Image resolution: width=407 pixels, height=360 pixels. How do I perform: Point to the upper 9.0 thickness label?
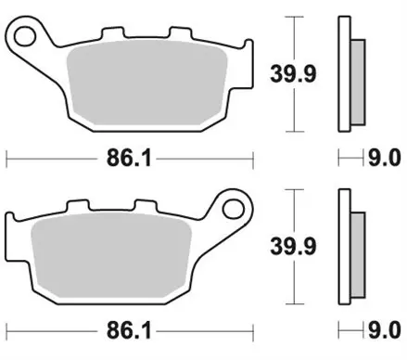pyautogui.click(x=383, y=160)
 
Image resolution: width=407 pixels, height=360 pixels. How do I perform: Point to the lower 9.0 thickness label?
pyautogui.click(x=383, y=330)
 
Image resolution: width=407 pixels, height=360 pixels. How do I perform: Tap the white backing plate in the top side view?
pyautogui.click(x=344, y=74)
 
